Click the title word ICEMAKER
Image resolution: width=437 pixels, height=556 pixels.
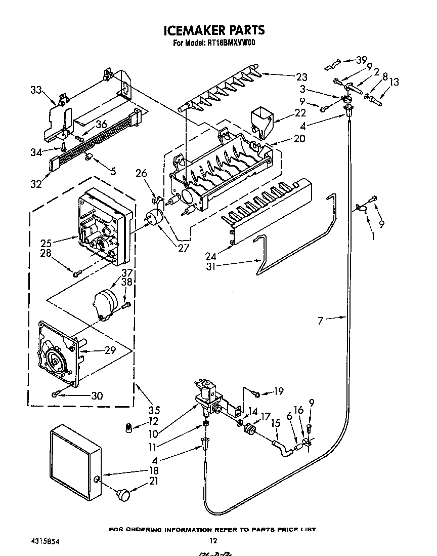click(x=195, y=30)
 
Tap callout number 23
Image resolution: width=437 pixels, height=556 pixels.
click(x=301, y=77)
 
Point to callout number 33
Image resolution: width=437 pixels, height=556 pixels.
click(x=36, y=90)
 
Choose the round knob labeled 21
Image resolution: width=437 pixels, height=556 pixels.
click(x=123, y=493)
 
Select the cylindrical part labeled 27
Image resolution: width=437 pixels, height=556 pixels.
click(x=155, y=218)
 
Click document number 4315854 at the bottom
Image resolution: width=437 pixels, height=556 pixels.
click(x=43, y=541)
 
